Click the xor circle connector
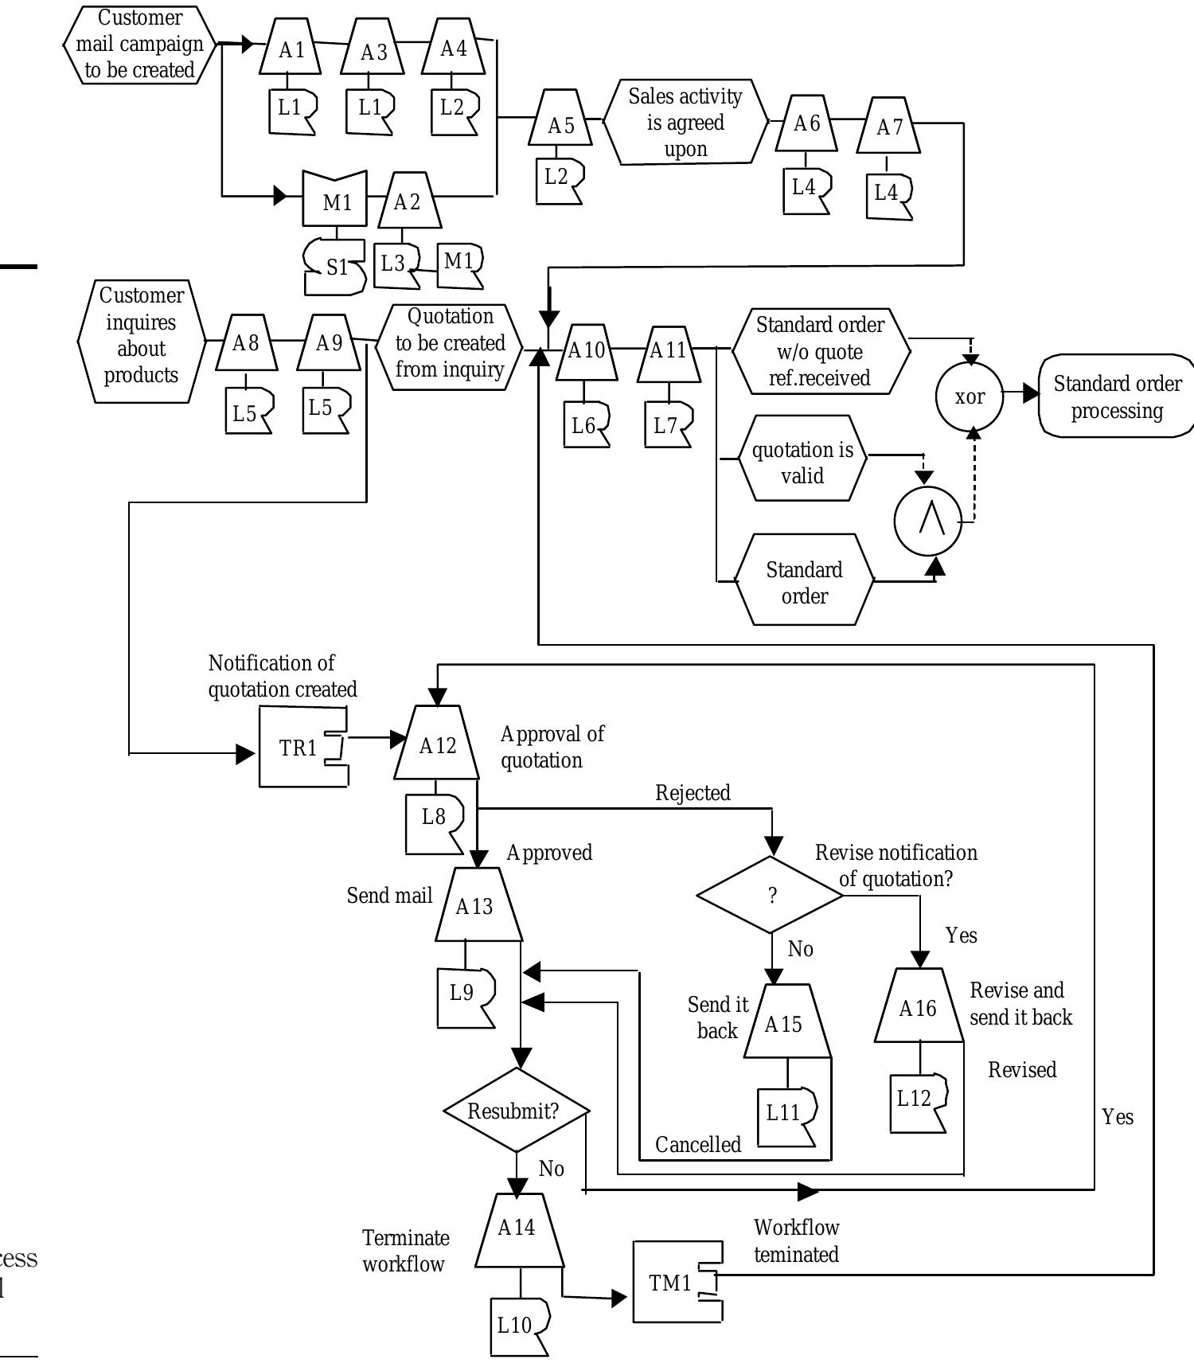tap(969, 396)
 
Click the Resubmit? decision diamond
tap(516, 1111)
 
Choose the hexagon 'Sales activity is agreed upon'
tap(685, 123)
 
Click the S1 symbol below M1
tap(335, 268)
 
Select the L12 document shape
tap(917, 1102)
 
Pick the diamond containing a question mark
tap(771, 895)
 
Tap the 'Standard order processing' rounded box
tap(1116, 396)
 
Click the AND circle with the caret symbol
tap(928, 521)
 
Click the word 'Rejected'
tap(693, 793)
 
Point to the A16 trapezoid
tap(919, 1007)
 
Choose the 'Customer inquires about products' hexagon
tap(141, 342)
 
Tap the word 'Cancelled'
tap(697, 1145)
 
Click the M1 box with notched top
tap(335, 201)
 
